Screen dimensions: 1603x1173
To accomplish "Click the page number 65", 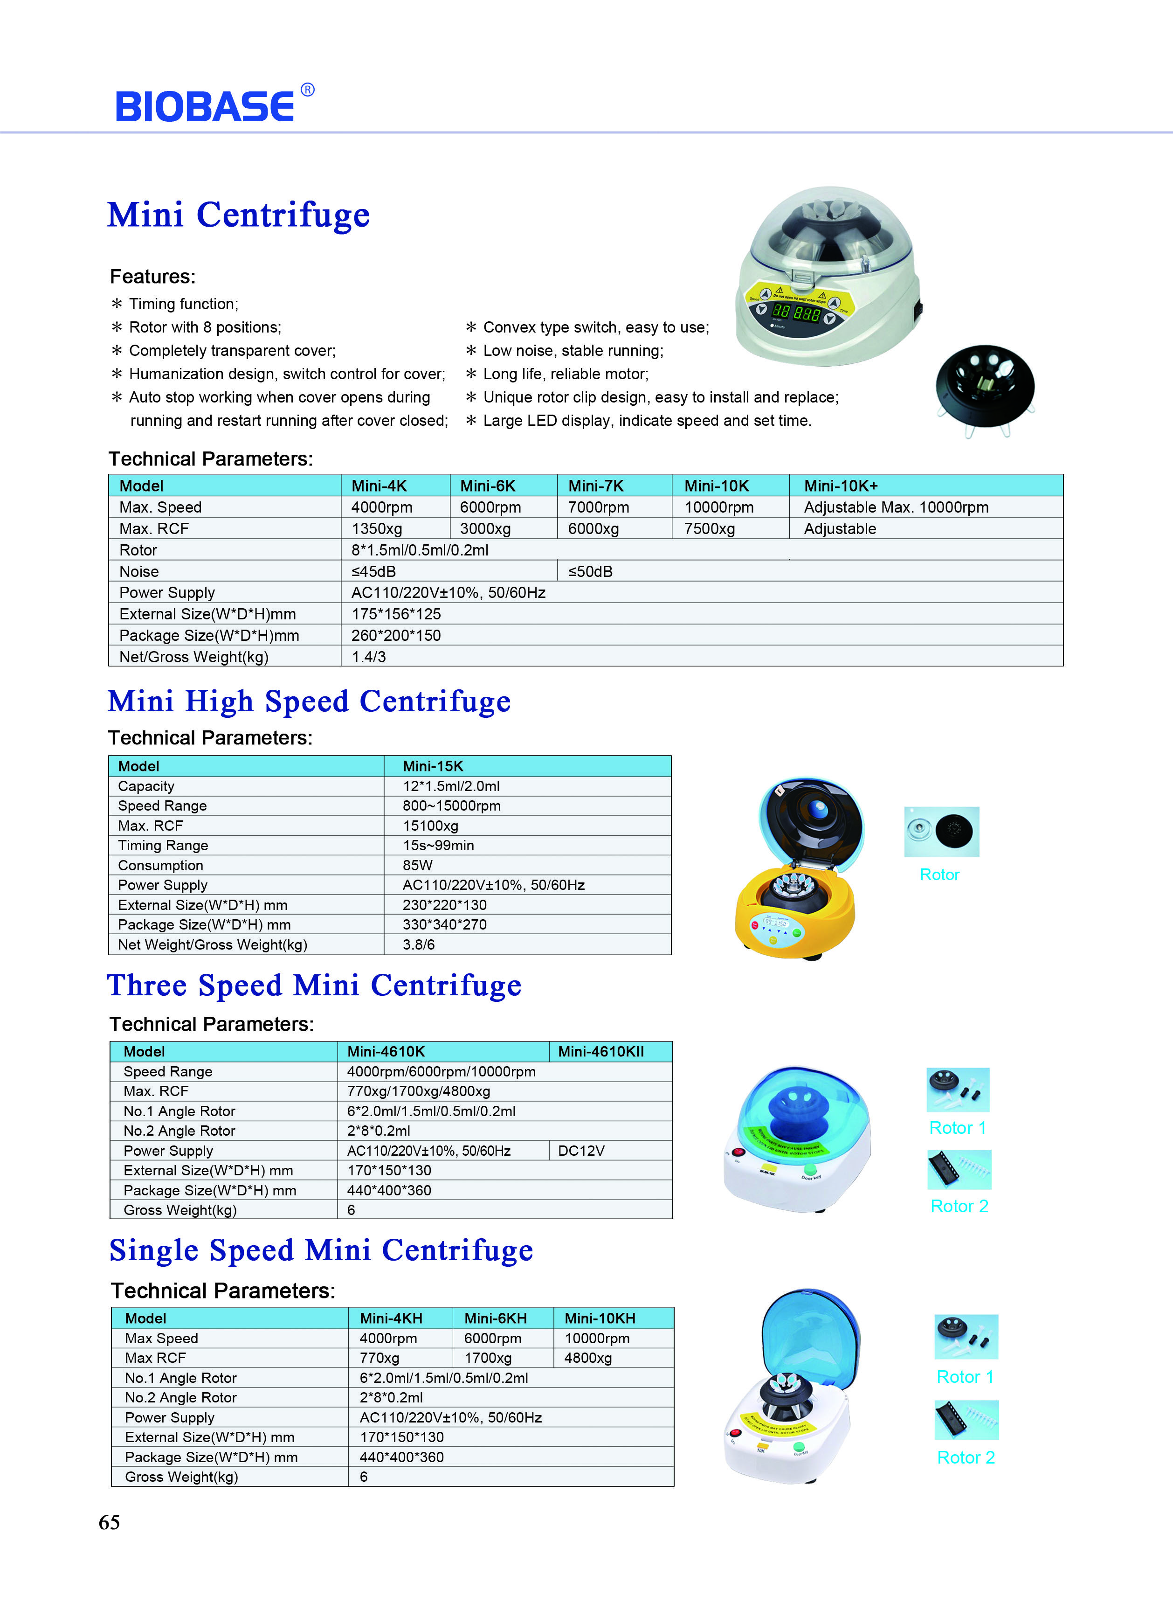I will click(x=110, y=1522).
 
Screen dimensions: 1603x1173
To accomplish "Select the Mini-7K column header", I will click(x=596, y=486).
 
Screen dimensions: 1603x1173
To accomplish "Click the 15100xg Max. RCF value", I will click(x=430, y=826).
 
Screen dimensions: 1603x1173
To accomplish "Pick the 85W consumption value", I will click(x=418, y=865).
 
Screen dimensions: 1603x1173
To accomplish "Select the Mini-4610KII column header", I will click(x=600, y=1051).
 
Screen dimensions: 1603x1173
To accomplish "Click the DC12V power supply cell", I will click(x=581, y=1151).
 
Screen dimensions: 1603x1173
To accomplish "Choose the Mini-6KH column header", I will click(x=495, y=1318).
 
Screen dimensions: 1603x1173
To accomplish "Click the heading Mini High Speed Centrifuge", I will click(x=309, y=702).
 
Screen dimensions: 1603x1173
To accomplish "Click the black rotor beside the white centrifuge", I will click(x=985, y=387).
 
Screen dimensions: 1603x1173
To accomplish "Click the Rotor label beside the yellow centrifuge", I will click(x=939, y=874).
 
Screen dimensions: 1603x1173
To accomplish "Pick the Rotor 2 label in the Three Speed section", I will click(x=959, y=1206).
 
